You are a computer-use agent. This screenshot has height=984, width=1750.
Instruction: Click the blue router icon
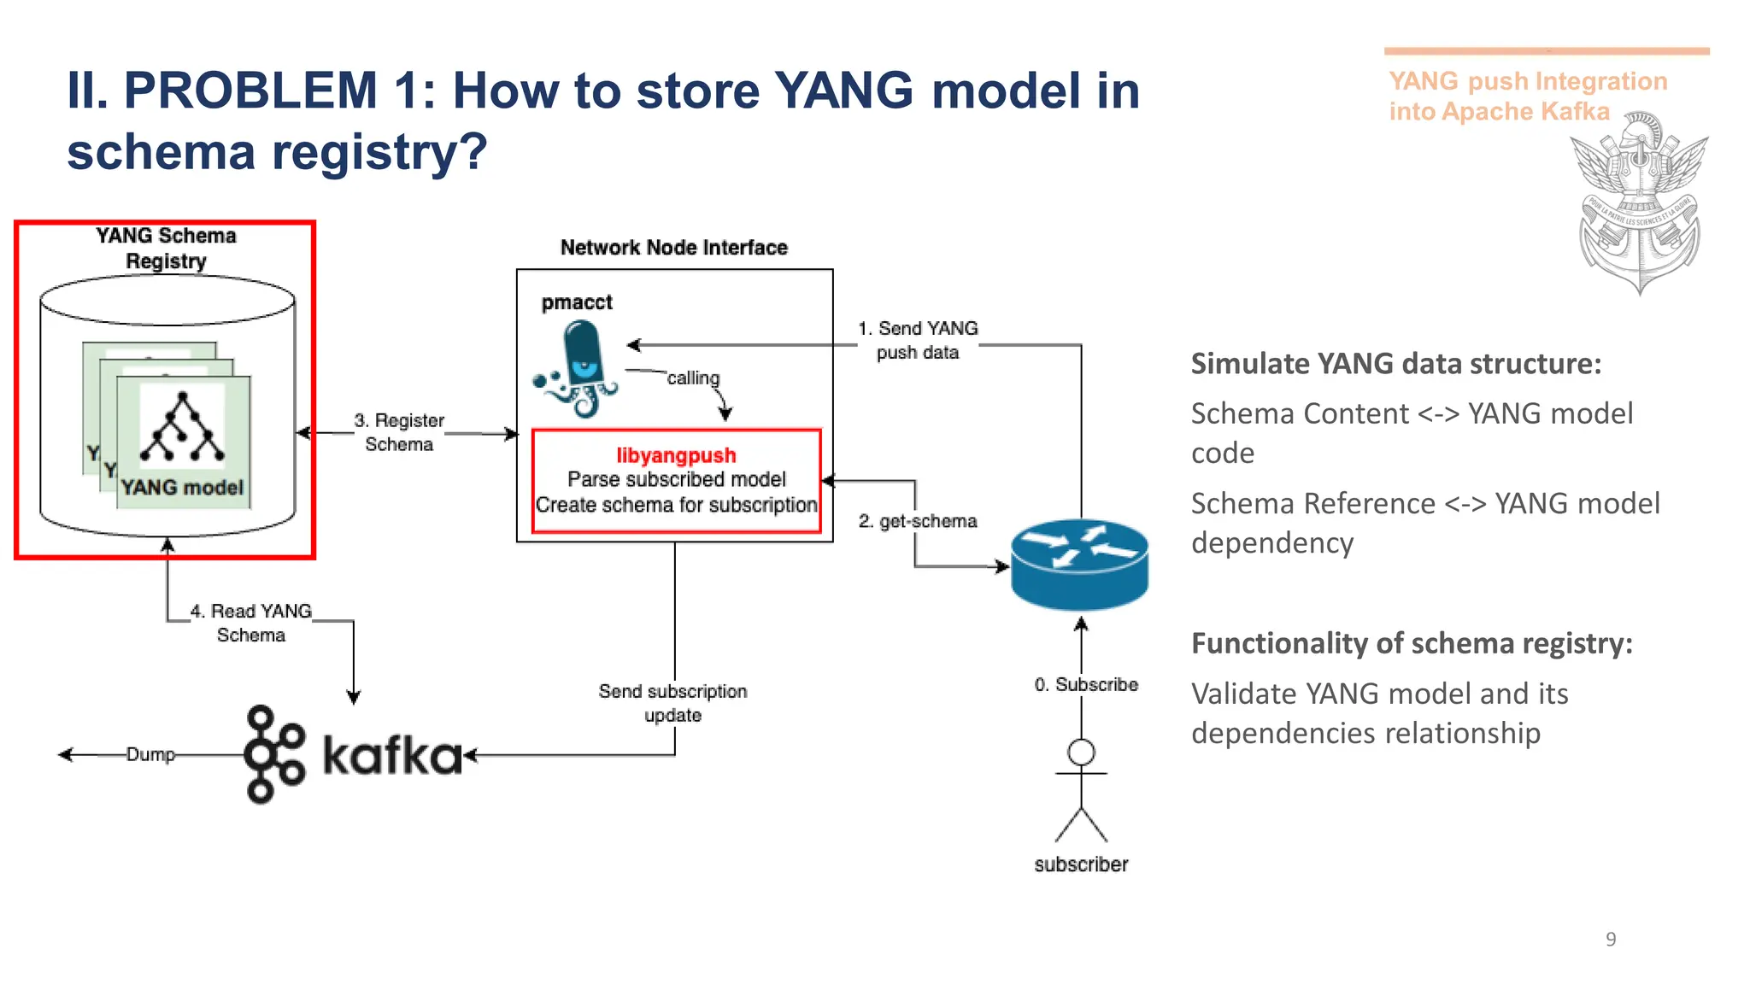1079,565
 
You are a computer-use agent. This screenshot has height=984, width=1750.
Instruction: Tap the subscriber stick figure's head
1081,753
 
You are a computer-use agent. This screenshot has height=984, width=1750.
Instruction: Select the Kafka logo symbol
273,754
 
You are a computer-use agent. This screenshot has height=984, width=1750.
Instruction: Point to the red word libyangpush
676,455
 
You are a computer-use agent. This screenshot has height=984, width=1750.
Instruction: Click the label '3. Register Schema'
399,432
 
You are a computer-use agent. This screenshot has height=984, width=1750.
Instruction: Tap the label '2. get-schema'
918,521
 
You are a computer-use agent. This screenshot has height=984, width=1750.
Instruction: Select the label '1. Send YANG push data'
919,340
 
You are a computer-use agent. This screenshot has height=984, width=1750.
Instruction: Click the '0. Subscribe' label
1086,685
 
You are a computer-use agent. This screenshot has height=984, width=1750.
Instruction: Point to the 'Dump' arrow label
150,754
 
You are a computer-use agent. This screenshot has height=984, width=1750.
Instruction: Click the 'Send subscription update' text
672,703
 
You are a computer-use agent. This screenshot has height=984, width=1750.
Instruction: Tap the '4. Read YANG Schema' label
251,623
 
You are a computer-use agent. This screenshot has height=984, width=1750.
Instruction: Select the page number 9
1611,940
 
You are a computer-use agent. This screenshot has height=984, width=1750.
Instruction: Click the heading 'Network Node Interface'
673,248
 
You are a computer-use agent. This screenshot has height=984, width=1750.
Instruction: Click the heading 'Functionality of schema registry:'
1412,643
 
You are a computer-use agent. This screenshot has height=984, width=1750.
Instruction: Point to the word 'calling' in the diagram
693,378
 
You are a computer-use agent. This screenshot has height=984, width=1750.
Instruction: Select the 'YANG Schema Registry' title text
166,248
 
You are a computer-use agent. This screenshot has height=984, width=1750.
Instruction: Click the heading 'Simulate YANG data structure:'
1395,364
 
